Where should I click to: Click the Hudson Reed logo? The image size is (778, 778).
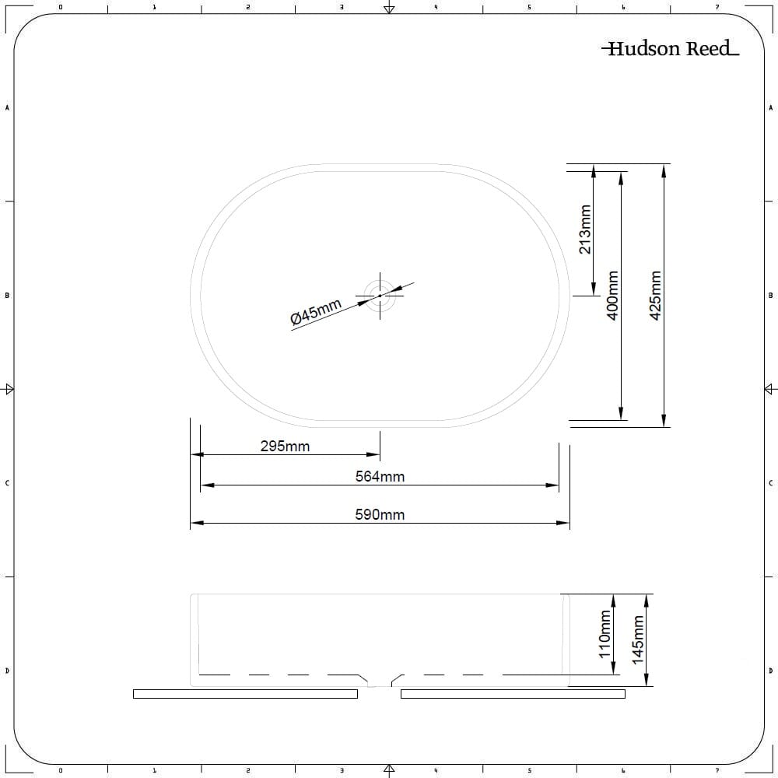tap(671, 48)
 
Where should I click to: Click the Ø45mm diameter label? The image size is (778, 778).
tap(316, 312)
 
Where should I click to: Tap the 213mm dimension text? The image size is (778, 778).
tap(586, 230)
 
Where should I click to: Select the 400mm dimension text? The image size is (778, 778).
tap(613, 295)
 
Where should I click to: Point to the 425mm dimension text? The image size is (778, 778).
tap(655, 295)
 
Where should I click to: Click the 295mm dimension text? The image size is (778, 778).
tap(286, 446)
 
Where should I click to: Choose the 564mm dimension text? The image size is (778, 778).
tap(380, 476)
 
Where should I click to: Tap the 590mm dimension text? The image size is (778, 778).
tap(380, 514)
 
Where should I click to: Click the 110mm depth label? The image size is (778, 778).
tap(605, 634)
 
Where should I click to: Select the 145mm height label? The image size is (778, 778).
tap(638, 640)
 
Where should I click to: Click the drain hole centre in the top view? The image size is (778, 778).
tap(380, 296)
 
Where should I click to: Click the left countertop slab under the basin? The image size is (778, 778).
tap(246, 694)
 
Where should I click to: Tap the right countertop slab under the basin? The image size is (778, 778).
tap(513, 694)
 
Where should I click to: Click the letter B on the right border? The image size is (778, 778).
tap(770, 295)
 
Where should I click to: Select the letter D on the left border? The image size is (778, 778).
tap(7, 671)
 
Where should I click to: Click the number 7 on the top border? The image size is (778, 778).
tap(717, 7)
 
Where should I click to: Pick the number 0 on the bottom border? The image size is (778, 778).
tap(61, 770)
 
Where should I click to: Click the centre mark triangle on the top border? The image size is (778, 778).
tap(390, 9)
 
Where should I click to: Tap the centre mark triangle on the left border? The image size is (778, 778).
tap(9, 389)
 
